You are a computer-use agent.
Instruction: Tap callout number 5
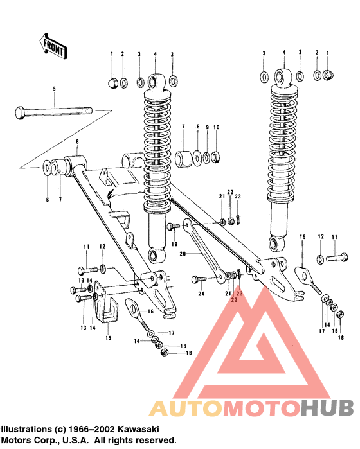54,88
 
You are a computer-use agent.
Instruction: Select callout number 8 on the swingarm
77,141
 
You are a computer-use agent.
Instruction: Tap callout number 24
201,295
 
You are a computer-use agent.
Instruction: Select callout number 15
107,337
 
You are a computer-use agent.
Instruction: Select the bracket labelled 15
107,312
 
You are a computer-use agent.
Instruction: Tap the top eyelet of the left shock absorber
154,82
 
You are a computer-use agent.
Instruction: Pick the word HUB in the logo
327,408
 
